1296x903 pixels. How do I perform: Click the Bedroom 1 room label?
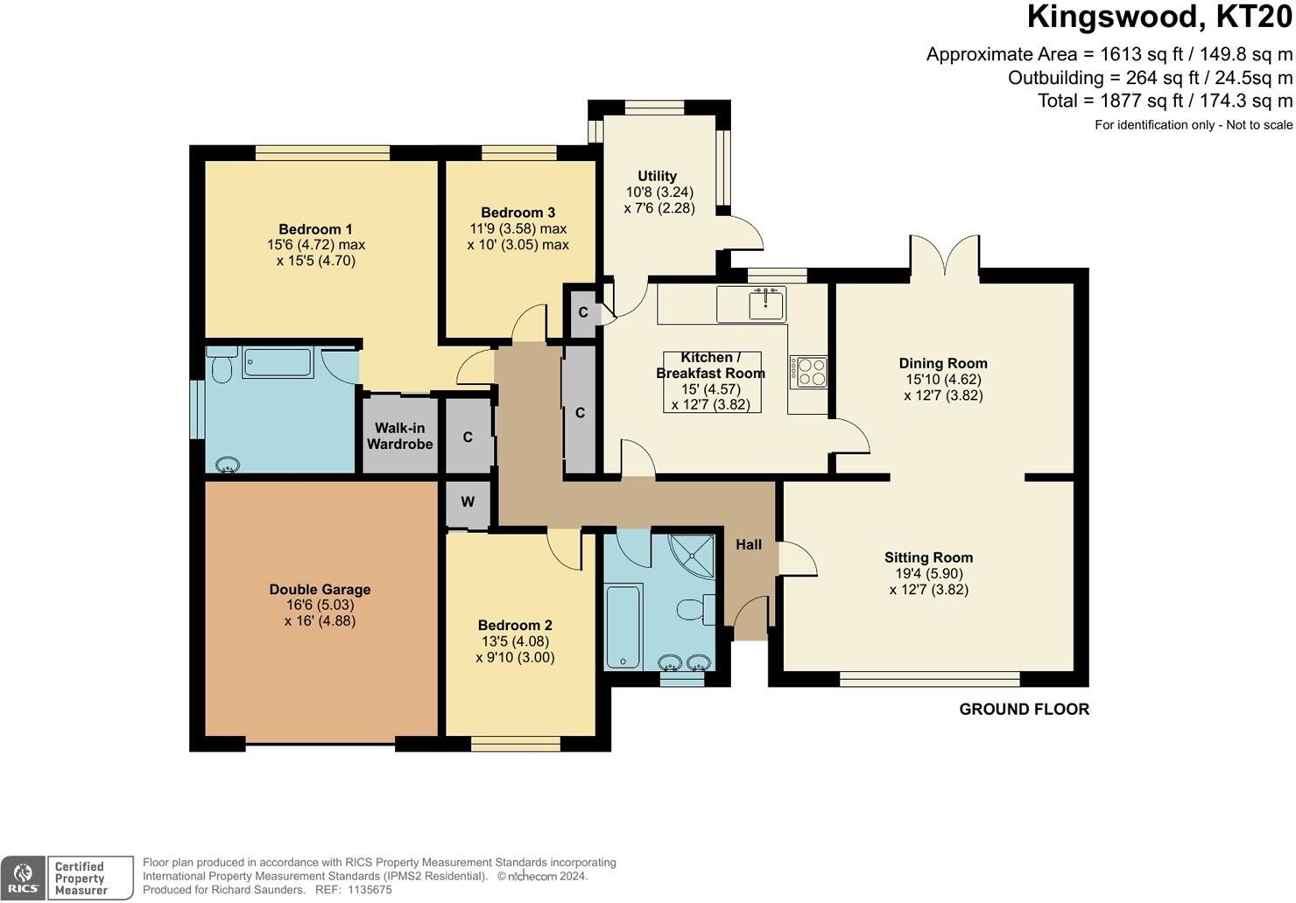point(315,229)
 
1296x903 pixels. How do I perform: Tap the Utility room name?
point(657,176)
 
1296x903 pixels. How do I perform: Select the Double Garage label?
point(320,589)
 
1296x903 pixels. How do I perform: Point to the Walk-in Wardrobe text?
point(400,436)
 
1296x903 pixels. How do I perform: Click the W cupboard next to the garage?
point(468,501)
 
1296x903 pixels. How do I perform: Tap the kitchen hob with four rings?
point(809,372)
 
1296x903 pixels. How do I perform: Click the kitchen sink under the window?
point(766,304)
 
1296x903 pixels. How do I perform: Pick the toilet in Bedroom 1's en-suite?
point(222,365)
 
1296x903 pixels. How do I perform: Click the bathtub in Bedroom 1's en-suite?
point(278,363)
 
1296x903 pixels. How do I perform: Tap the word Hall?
point(749,544)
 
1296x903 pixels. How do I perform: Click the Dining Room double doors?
point(945,255)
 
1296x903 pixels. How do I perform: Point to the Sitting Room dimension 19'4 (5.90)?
point(929,573)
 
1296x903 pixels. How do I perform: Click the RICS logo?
point(23,878)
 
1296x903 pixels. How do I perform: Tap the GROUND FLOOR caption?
point(1024,710)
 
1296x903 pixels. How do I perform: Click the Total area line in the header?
point(1165,101)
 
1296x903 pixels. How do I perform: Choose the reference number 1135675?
point(370,890)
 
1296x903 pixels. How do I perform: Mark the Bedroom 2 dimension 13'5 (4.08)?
point(516,641)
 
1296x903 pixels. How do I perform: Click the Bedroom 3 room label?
point(518,212)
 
